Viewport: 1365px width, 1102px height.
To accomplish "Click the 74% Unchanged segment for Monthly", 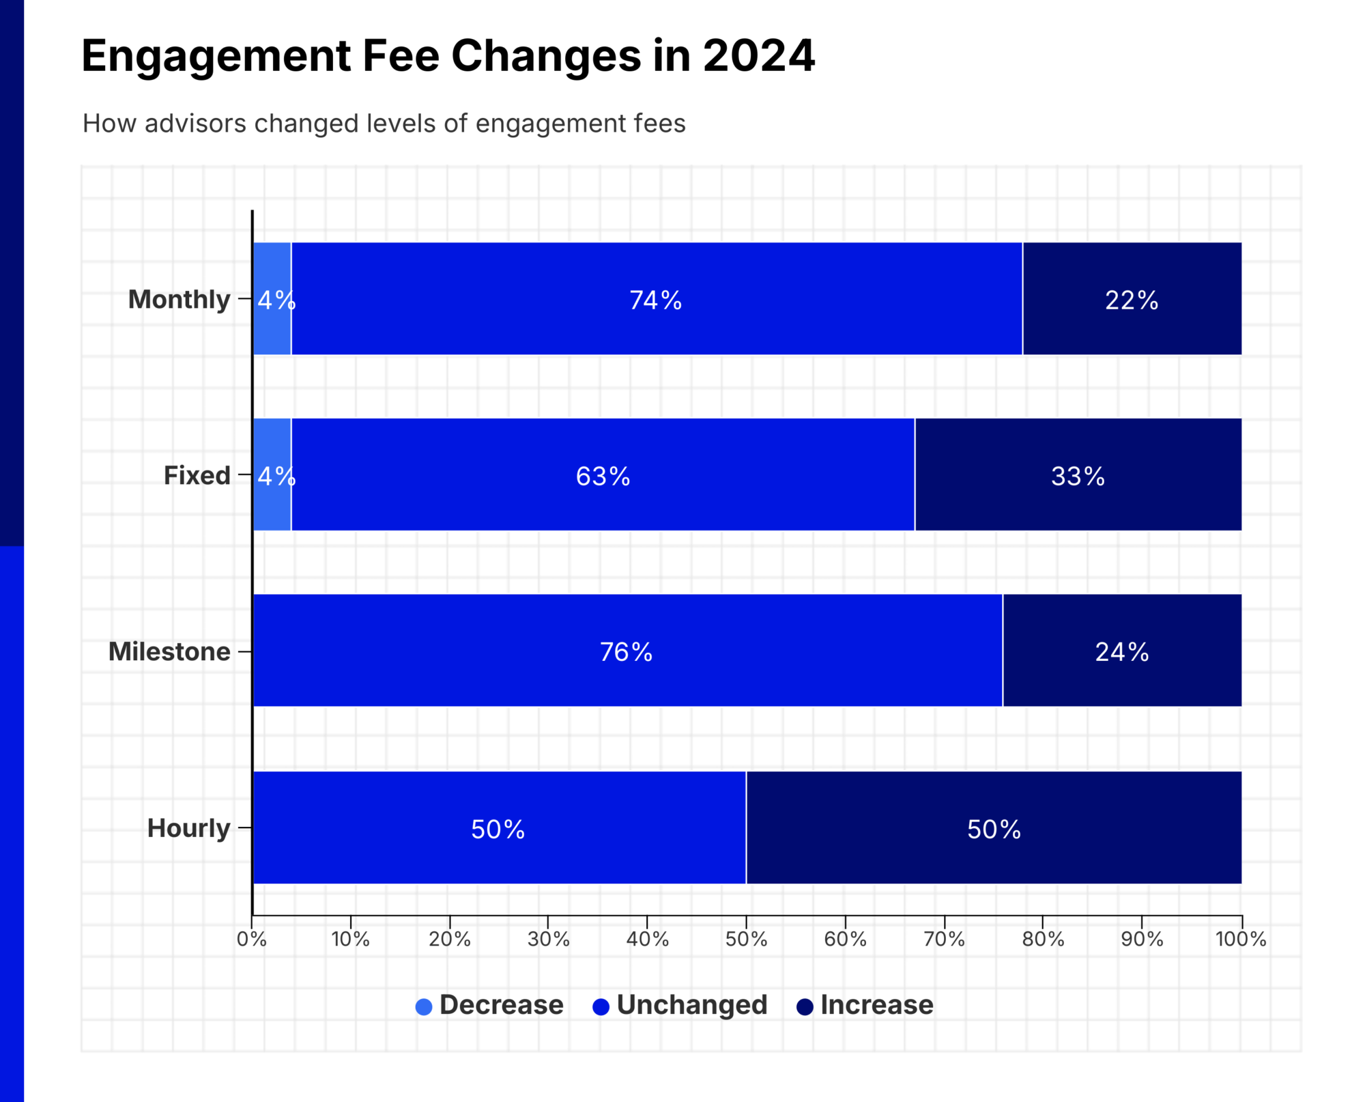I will click(x=657, y=299).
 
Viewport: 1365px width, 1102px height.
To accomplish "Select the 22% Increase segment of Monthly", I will click(x=1132, y=299).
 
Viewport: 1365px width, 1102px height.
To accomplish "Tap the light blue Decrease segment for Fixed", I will click(x=272, y=475).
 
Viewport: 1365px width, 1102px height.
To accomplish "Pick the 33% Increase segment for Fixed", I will click(x=1078, y=475).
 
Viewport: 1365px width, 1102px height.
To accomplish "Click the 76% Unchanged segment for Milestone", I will click(x=627, y=651).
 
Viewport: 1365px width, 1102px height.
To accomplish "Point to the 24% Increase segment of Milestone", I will click(x=1121, y=651).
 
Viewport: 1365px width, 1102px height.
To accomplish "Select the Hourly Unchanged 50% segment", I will click(x=498, y=828).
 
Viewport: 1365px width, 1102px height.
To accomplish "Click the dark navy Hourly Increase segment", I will click(x=994, y=828).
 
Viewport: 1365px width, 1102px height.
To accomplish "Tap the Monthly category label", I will click(x=179, y=299).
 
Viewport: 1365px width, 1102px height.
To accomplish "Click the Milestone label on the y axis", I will click(x=169, y=651).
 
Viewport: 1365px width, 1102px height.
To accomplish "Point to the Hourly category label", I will click(x=188, y=828).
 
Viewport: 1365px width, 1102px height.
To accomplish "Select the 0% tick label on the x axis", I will click(x=252, y=939).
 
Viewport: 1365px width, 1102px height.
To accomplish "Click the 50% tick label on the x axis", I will click(x=746, y=939).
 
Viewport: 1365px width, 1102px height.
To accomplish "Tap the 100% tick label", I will click(x=1241, y=939).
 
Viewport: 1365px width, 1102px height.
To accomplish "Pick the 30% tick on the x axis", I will click(x=548, y=939).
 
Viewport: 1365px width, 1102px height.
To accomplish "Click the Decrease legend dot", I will click(x=424, y=1006).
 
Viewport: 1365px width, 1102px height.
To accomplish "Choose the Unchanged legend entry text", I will click(x=691, y=1005).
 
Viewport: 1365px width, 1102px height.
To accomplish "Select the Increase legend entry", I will click(x=876, y=1005).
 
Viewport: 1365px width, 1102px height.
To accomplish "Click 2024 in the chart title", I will click(x=758, y=56).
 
